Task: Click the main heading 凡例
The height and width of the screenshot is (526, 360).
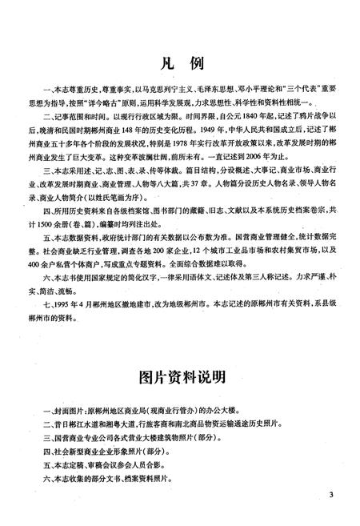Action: click(179, 62)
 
